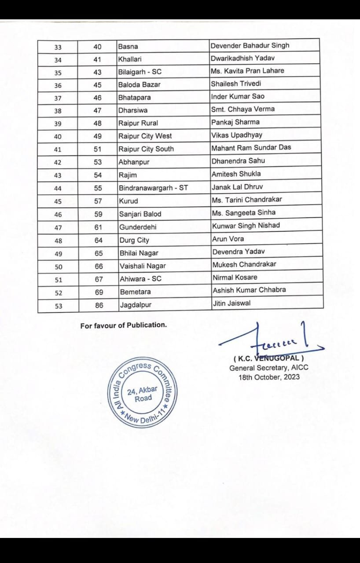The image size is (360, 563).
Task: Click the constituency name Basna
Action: coord(128,46)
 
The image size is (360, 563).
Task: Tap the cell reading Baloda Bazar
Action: coord(139,84)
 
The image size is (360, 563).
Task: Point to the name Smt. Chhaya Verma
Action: coord(243,109)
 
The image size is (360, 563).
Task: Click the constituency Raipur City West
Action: coord(145,136)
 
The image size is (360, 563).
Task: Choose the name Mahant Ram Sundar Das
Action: coord(251,147)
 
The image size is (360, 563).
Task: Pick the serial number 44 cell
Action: coord(58,188)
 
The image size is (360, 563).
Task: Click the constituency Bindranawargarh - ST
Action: coord(153,188)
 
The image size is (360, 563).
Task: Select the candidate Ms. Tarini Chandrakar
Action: coord(247,199)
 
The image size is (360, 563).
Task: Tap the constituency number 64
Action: coord(98,240)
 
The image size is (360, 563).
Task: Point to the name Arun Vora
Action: coord(228,239)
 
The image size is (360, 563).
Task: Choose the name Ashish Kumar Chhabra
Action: coord(249,290)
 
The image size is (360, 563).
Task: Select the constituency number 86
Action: coord(99,305)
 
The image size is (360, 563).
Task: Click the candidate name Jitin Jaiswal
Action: coord(231,303)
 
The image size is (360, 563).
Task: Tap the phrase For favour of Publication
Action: coord(124,325)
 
